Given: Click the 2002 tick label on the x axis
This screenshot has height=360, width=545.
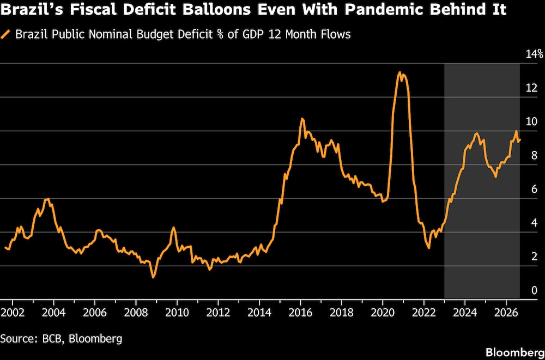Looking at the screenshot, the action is (13, 312).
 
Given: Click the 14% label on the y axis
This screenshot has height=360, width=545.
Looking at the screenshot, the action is (534, 54).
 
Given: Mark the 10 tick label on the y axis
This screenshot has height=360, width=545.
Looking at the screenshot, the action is (531, 121).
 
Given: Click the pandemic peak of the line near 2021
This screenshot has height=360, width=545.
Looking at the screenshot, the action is (399, 72).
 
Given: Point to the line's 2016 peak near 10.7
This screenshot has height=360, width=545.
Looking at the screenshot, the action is (302, 119).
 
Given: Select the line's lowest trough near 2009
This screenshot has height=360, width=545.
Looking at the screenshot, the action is (153, 277).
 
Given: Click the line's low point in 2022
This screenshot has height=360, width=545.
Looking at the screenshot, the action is (429, 248).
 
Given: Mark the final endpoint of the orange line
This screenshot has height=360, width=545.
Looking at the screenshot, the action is (519, 139).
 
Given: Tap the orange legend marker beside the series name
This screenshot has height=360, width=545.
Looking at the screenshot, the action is (6, 34).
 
